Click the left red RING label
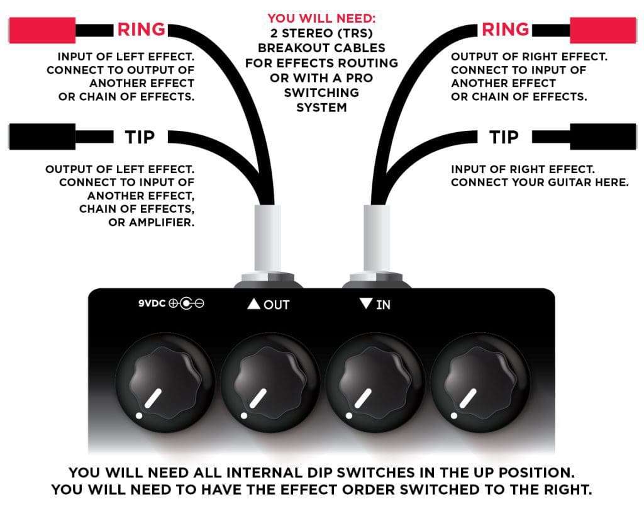(141, 29)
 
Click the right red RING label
(504, 29)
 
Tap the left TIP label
(140, 137)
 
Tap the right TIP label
(504, 137)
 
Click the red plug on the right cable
(605, 29)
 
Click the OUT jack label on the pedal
(269, 305)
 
